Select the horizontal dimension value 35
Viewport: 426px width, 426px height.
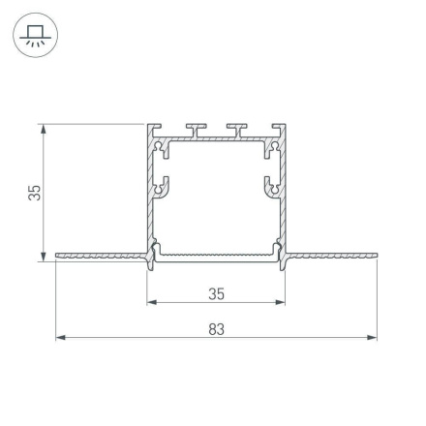pos(216,290)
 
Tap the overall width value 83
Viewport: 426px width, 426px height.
pos(216,329)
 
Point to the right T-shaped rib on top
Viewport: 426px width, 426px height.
pos(234,129)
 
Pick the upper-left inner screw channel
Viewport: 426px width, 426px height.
pos(161,146)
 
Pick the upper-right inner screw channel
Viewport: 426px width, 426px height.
pos(272,146)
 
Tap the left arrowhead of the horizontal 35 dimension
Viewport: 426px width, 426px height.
pos(152,300)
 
